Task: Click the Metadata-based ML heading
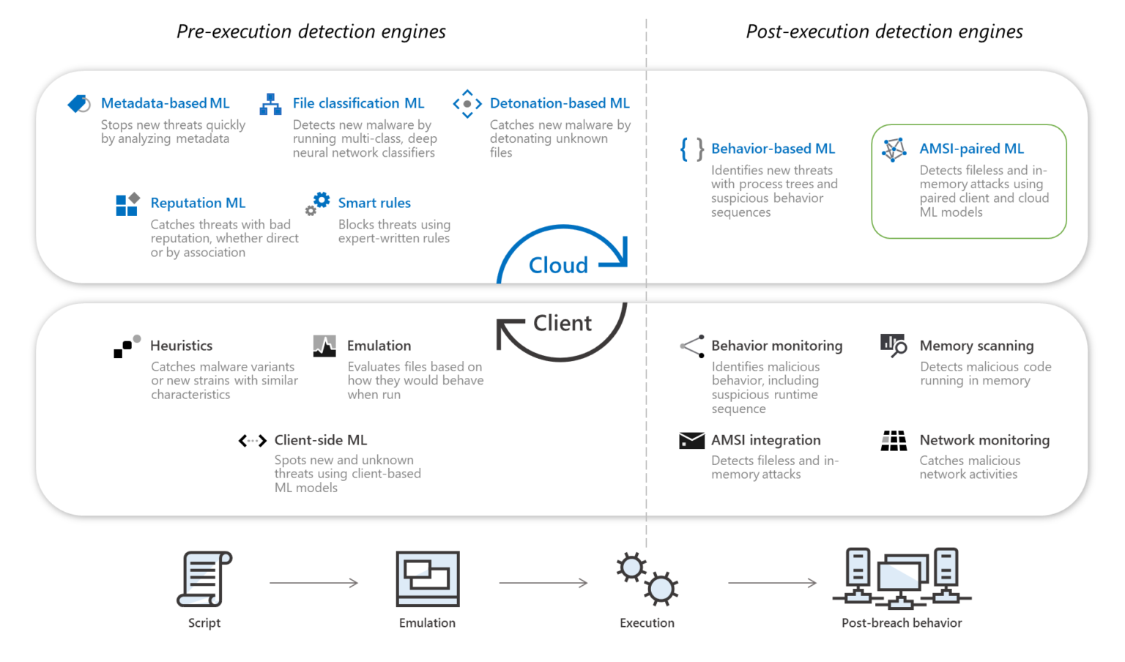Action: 165,103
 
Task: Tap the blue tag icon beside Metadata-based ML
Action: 79,104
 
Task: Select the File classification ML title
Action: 358,103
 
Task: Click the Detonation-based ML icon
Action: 467,104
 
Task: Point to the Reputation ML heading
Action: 198,203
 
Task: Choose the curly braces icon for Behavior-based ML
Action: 691,149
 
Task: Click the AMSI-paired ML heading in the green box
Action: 971,149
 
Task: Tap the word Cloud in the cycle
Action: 558,265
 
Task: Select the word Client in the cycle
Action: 562,323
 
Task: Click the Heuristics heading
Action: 181,346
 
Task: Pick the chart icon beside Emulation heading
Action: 324,346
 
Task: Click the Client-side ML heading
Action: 320,440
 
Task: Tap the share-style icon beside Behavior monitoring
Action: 692,346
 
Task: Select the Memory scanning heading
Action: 976,346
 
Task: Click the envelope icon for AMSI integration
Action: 691,440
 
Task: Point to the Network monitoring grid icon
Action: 894,440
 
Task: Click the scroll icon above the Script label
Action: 204,579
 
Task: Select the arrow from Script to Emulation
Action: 313,583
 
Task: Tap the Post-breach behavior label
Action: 902,623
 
